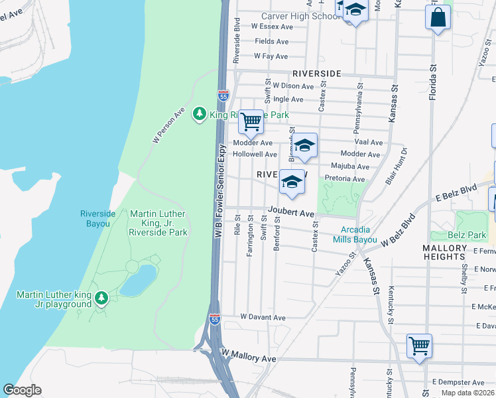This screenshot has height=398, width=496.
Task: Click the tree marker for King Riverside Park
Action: point(199,115)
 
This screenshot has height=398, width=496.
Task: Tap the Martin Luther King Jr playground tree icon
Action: point(101,298)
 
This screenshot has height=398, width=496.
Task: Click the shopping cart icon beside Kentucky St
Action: point(419,346)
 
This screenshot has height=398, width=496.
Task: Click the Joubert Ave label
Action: point(290,213)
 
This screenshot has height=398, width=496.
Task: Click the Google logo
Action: point(23,390)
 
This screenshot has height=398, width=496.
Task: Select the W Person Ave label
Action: point(168,125)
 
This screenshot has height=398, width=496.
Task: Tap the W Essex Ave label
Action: point(272,27)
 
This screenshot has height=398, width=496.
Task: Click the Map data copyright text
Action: point(469,393)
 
